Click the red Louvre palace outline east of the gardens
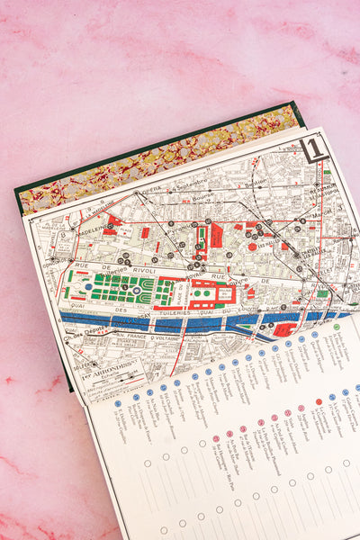[x=211, y=293]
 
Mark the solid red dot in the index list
[x=319, y=401]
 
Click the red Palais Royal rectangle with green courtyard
[x=216, y=236]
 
